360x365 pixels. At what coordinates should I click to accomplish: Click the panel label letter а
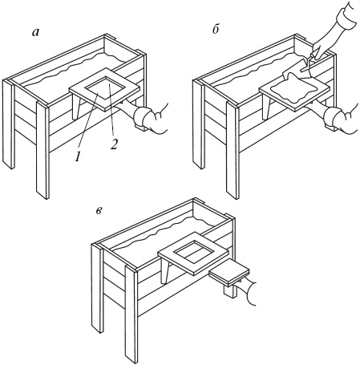35,32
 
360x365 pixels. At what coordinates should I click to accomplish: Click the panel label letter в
99,211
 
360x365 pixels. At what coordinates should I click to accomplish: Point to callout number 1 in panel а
78,157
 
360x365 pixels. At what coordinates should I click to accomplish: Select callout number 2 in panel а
114,144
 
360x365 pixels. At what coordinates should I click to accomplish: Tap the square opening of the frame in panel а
104,87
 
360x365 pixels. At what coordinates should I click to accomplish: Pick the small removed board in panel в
229,275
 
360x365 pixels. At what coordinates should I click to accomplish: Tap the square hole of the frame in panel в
193,251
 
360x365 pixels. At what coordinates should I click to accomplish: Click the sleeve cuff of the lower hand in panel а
143,118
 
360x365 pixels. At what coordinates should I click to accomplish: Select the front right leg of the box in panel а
42,150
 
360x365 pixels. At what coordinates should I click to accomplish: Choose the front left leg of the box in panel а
8,124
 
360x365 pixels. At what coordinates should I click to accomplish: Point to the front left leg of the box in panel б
198,124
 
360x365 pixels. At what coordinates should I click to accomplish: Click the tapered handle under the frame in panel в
165,270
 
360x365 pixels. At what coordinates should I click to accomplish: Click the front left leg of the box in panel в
97,288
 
